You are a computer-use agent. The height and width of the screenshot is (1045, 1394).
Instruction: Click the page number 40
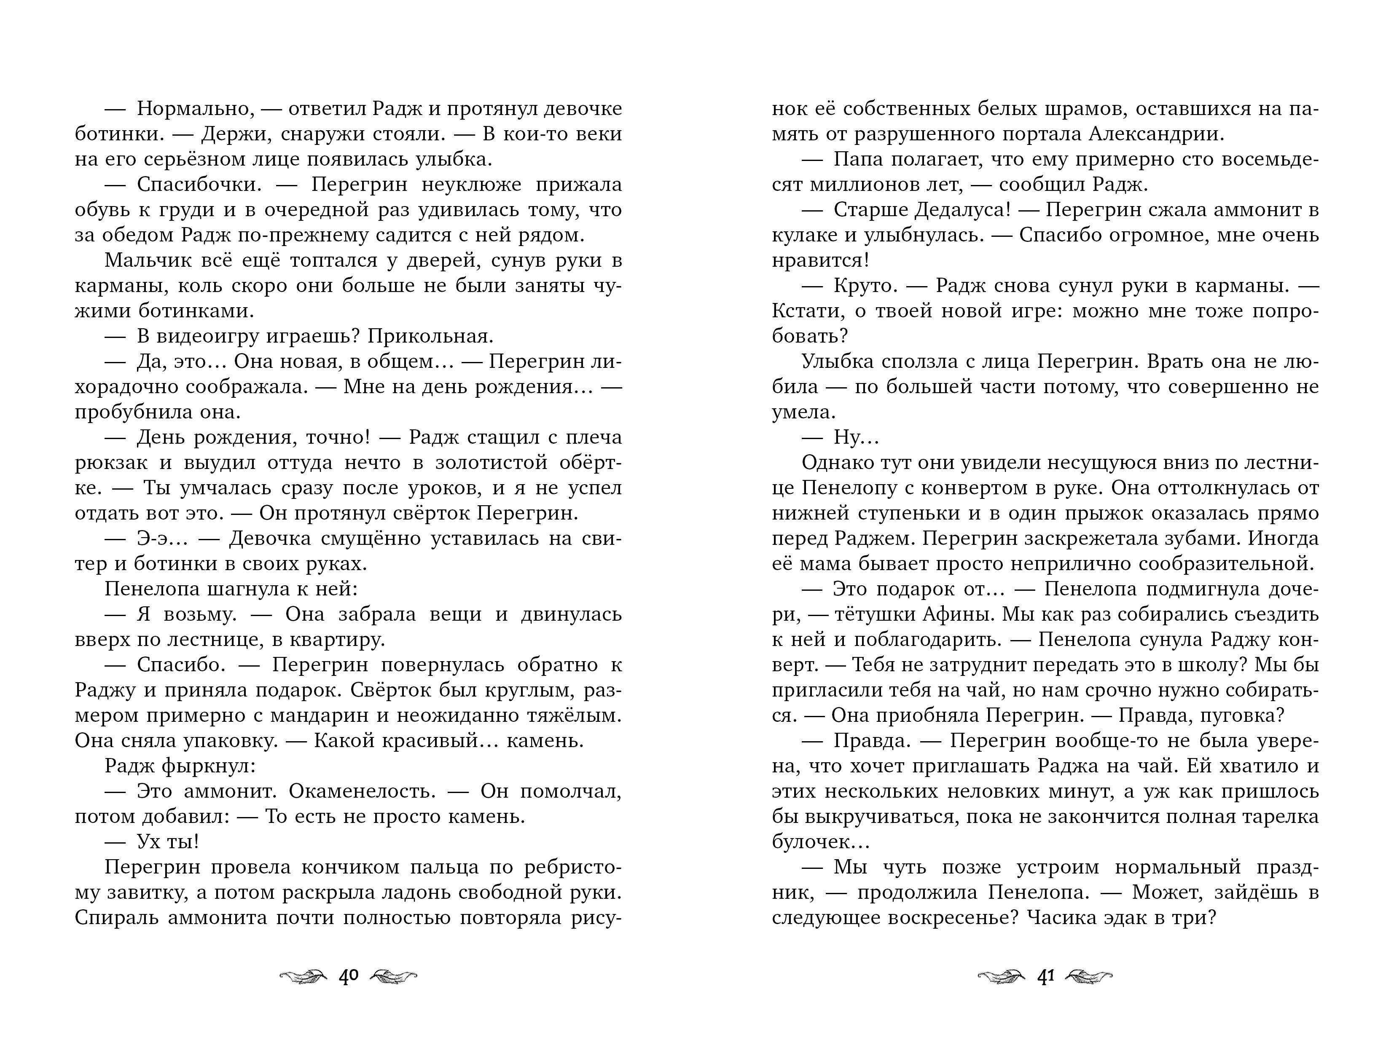pyautogui.click(x=349, y=977)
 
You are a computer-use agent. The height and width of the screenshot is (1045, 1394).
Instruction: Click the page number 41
pyautogui.click(x=1045, y=977)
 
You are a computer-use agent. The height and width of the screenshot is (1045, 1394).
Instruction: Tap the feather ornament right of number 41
pyautogui.click(x=1089, y=977)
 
